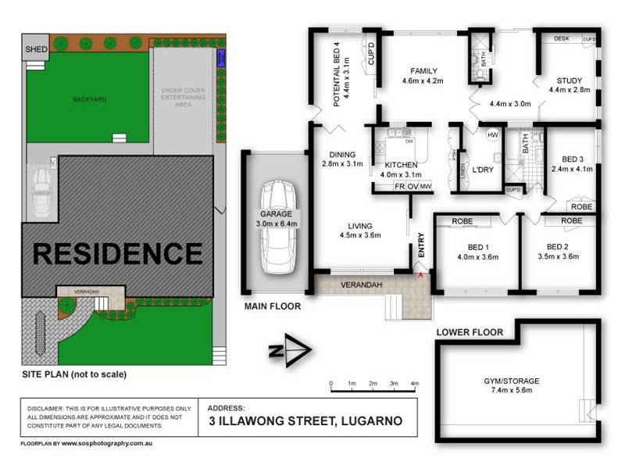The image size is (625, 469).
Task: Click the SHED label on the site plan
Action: click(37, 49)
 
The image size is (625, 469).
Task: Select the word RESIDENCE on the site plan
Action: click(117, 254)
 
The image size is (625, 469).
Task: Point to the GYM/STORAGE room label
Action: click(511, 381)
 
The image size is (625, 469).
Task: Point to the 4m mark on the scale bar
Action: click(415, 384)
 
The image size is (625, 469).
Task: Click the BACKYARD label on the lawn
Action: click(89, 99)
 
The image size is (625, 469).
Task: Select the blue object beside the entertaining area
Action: click(221, 57)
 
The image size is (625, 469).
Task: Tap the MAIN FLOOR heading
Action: click(273, 306)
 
